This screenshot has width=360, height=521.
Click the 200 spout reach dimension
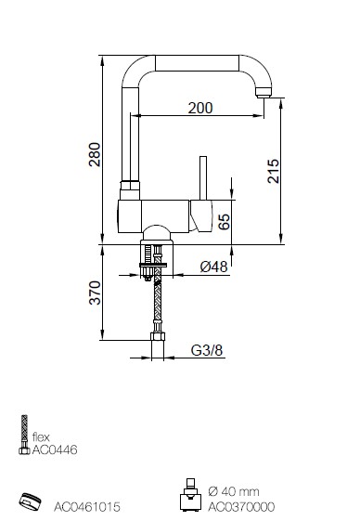[200, 108]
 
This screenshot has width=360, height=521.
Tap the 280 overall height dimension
[95, 154]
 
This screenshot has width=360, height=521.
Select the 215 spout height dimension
[274, 171]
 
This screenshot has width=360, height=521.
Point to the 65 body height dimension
[225, 222]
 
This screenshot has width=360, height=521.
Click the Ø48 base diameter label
[214, 267]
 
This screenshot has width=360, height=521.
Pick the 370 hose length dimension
[95, 293]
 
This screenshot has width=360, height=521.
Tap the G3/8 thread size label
[207, 350]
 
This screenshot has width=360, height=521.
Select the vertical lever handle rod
[203, 178]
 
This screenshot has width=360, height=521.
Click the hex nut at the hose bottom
[158, 336]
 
